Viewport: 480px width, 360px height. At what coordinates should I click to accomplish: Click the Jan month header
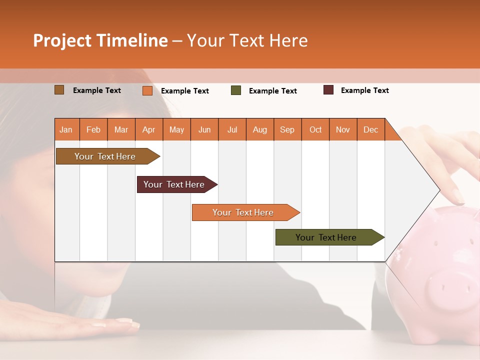click(x=66, y=129)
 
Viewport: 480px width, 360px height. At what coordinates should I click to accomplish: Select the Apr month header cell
click(x=148, y=129)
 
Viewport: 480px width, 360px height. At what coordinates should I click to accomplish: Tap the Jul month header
click(x=232, y=129)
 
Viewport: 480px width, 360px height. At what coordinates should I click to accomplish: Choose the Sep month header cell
click(x=287, y=129)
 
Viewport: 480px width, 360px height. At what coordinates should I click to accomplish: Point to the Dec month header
click(x=370, y=129)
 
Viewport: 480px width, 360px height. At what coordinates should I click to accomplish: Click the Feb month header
click(x=93, y=129)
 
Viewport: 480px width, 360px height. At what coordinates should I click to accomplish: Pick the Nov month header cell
click(x=343, y=129)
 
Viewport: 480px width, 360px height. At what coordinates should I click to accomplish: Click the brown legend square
click(x=59, y=90)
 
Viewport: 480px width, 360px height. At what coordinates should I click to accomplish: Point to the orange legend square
click(x=147, y=90)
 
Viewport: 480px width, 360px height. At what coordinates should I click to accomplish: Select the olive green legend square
click(x=236, y=90)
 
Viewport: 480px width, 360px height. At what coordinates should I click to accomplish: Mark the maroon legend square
click(x=328, y=90)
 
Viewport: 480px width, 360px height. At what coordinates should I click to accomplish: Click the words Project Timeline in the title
click(x=100, y=40)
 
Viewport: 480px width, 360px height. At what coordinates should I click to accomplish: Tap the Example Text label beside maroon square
click(x=364, y=90)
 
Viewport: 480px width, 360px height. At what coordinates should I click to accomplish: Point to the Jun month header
click(x=204, y=129)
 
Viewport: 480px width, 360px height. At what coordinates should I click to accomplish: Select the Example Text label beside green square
click(x=272, y=91)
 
